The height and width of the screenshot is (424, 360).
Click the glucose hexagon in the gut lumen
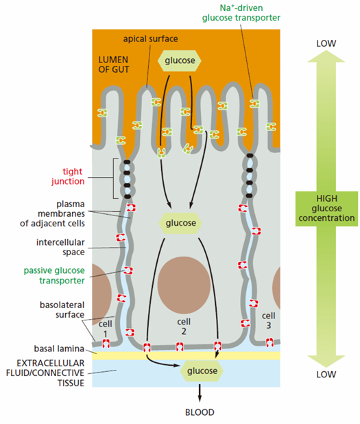[180, 60]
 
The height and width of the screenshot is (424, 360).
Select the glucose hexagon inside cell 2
[180, 223]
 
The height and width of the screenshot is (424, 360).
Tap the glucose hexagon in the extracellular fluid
[202, 370]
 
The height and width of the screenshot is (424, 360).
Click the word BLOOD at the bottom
[200, 412]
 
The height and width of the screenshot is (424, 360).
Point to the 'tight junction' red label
[68, 176]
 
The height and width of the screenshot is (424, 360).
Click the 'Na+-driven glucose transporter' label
[241, 13]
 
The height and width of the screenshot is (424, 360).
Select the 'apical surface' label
[151, 39]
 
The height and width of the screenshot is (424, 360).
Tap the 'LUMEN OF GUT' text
[114, 64]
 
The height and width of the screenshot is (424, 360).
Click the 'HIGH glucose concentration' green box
[326, 209]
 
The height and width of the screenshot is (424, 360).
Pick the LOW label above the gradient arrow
[326, 43]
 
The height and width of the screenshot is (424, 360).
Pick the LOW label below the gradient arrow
[326, 375]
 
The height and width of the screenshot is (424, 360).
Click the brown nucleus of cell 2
[184, 285]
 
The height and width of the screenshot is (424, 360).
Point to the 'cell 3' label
[268, 320]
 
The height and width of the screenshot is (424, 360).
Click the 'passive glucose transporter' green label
[54, 276]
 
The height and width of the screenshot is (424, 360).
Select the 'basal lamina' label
[59, 349]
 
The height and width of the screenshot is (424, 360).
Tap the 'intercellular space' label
[60, 247]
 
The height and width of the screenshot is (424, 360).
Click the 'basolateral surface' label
[62, 310]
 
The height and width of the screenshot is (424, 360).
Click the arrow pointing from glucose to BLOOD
[200, 392]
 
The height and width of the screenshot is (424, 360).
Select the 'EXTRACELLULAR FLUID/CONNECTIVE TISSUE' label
[45, 373]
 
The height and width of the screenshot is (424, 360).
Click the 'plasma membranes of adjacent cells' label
[52, 213]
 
